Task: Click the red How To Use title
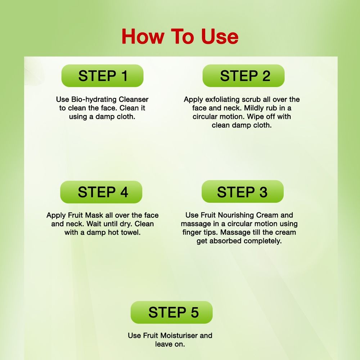pyautogui.click(x=180, y=36)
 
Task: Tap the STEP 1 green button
pyautogui.click(x=102, y=76)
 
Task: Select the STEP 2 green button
pyautogui.click(x=243, y=76)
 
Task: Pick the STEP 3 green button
pyautogui.click(x=242, y=192)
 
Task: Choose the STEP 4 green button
pyautogui.click(x=101, y=192)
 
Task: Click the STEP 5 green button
pyautogui.click(x=171, y=312)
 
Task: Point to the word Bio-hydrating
pyautogui.click(x=94, y=100)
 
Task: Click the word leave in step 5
pyautogui.click(x=163, y=344)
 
